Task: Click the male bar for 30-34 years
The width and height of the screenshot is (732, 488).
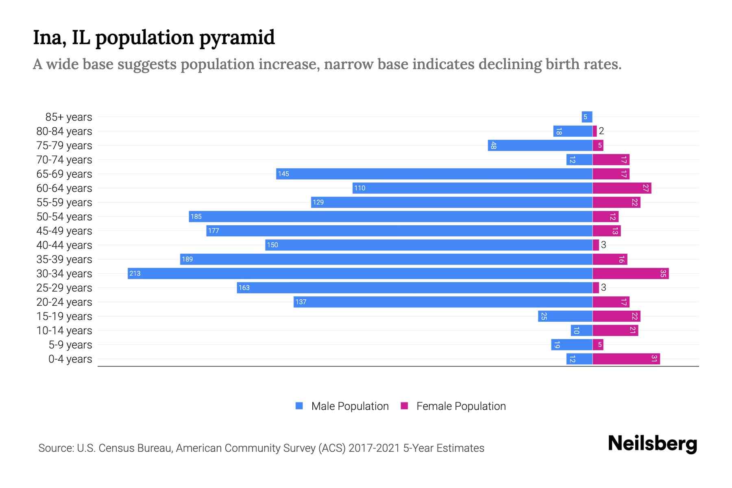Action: tap(360, 273)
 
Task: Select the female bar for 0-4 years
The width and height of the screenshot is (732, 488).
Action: tap(626, 359)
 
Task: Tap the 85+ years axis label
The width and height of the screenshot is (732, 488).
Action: tap(69, 117)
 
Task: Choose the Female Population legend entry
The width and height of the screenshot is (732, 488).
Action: tap(453, 406)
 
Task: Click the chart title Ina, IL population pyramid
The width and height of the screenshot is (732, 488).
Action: tap(154, 37)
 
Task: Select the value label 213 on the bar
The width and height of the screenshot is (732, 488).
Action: tap(135, 273)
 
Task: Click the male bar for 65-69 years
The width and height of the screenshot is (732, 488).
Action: tap(434, 174)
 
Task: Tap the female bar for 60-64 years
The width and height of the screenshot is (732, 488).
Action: tap(621, 188)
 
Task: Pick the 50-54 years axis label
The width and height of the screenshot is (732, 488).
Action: tap(64, 217)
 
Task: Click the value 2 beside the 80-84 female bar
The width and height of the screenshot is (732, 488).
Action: tap(601, 131)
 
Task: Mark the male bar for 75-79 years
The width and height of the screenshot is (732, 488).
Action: tap(540, 145)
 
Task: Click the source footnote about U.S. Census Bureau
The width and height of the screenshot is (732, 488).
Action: tap(261, 448)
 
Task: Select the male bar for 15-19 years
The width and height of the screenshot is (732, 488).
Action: tap(565, 316)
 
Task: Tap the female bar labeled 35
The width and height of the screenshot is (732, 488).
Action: tap(630, 273)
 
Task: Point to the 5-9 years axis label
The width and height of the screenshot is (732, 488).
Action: tap(70, 345)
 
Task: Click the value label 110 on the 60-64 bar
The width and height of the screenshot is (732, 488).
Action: tap(359, 188)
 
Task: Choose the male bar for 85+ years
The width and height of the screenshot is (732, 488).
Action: tap(587, 117)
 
